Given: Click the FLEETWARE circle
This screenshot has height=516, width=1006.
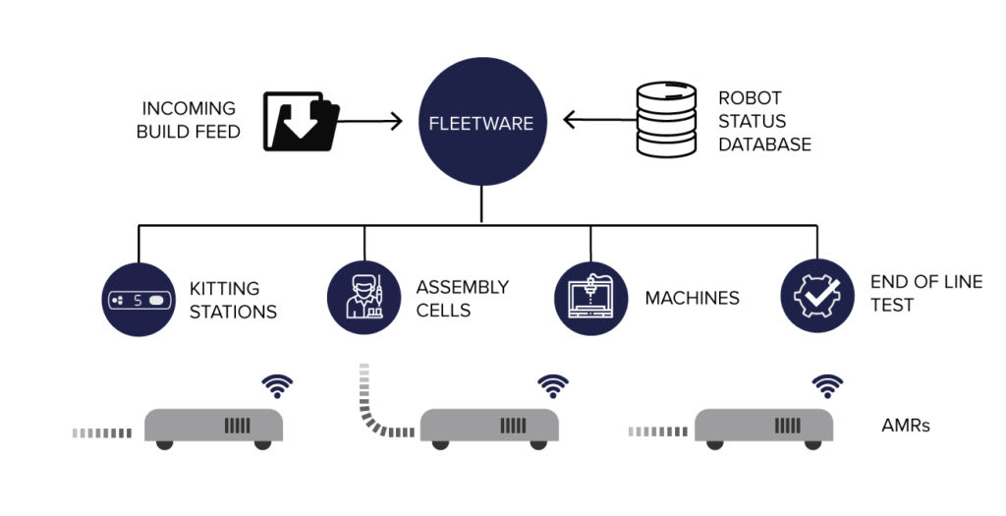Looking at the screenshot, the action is pos(481,122).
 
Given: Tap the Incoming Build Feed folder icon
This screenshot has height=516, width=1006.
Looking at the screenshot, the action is pos(301,121).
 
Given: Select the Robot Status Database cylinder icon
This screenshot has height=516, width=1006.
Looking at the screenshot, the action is pos(666,119).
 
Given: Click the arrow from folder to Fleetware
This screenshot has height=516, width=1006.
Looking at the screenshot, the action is pos(370,121).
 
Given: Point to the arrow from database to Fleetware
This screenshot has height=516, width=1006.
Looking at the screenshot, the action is pos(600,120).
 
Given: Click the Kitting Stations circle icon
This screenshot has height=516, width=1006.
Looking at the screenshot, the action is pos(139,299).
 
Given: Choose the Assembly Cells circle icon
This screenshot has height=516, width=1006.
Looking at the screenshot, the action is pos(364,297).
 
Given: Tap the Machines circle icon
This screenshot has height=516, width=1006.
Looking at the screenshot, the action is pos(590,298).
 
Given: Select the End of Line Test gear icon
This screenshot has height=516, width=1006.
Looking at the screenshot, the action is pos(816,296).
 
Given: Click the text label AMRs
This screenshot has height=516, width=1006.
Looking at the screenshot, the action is pos(906,425).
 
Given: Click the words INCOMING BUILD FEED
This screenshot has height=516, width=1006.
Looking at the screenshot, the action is pos(189,120).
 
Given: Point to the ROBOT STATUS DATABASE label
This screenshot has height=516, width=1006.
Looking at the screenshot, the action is pos(764,121).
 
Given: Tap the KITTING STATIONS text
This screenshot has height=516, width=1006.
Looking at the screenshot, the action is pos(234,300).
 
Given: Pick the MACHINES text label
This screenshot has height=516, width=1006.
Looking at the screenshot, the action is pos(693,298).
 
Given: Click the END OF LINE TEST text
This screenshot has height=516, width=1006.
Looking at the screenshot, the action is pos(926,293).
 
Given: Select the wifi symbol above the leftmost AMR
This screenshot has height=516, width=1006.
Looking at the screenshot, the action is pos(277,386).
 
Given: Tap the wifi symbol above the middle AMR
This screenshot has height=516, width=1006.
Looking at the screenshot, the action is pos(553,386).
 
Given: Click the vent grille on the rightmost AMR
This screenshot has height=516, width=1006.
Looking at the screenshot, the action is pos(787,425).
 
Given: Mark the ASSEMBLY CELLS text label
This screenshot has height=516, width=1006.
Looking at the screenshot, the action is pos(463,299).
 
